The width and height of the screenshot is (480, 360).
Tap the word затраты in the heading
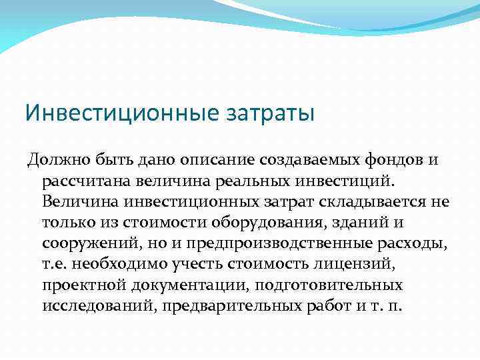[270, 112]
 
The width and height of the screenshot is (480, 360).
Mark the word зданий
[358, 223]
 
